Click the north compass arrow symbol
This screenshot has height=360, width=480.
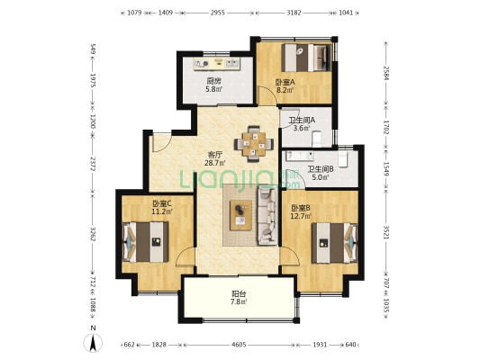coord(93,343)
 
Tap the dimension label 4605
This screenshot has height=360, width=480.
coord(239,345)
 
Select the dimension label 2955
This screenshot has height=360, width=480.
coord(217,13)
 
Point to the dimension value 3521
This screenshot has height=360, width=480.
coord(385,232)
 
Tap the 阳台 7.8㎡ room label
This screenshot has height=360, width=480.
coord(239,298)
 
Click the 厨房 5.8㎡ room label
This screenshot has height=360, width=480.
coord(213,85)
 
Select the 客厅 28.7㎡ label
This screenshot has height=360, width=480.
coord(215,159)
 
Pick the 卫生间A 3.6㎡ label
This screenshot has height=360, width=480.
coord(301,124)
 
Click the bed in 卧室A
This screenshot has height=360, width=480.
coord(306,58)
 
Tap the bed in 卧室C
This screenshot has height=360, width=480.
coord(146,242)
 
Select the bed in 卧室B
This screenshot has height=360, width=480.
coord(335,243)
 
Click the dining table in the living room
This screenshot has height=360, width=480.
coord(254,143)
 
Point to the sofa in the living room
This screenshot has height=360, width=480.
coord(267,217)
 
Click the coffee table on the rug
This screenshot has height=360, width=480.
coord(241,215)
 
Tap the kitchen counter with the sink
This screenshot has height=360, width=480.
coord(217,64)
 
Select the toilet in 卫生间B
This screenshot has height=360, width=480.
coord(343,157)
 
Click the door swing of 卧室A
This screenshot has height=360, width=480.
coord(267,95)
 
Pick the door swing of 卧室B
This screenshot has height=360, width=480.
coord(289,256)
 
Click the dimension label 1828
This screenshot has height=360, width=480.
coord(159,345)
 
